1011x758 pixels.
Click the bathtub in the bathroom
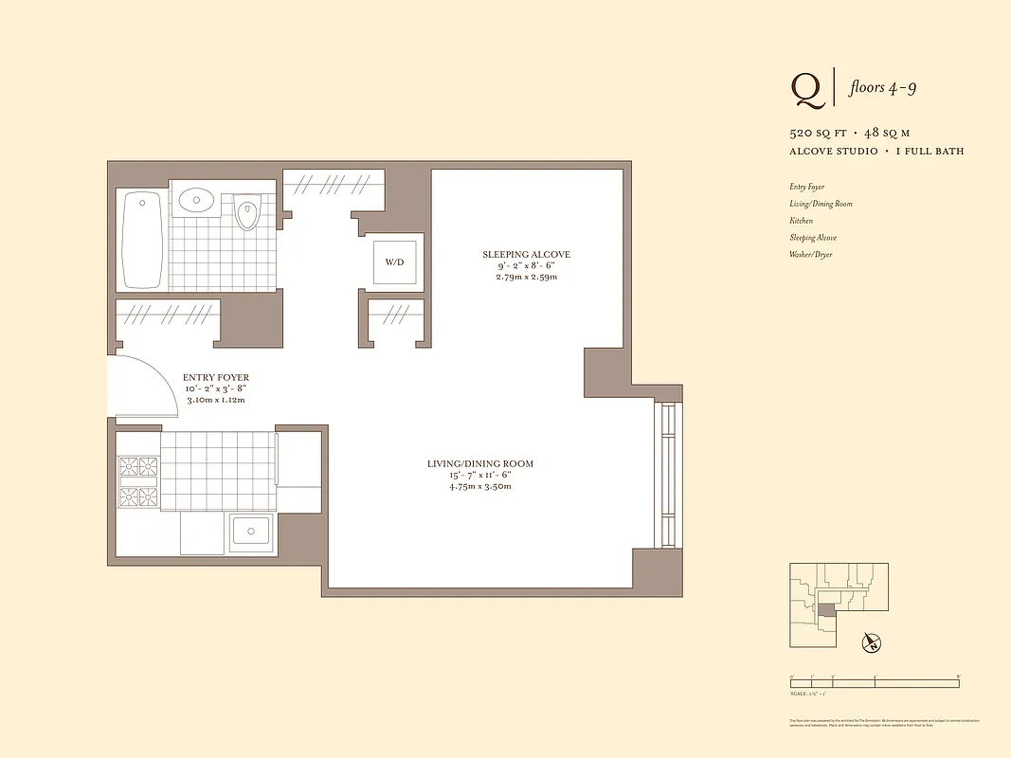[x=142, y=240]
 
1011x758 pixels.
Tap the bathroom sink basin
[x=196, y=200]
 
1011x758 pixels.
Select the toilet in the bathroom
[x=247, y=214]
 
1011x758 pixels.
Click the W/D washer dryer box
[x=393, y=262]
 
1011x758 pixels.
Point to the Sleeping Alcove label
[x=526, y=254]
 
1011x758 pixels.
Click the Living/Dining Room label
[x=479, y=463]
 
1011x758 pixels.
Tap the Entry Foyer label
[x=216, y=377]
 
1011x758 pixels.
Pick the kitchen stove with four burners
[x=138, y=481]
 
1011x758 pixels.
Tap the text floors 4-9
[x=882, y=88]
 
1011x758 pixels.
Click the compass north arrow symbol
[x=871, y=643]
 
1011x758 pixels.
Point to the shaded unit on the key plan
[x=827, y=610]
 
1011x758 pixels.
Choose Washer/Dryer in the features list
[x=810, y=255]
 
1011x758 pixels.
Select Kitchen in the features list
[x=802, y=221]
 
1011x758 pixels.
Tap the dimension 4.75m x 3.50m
[x=479, y=487]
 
